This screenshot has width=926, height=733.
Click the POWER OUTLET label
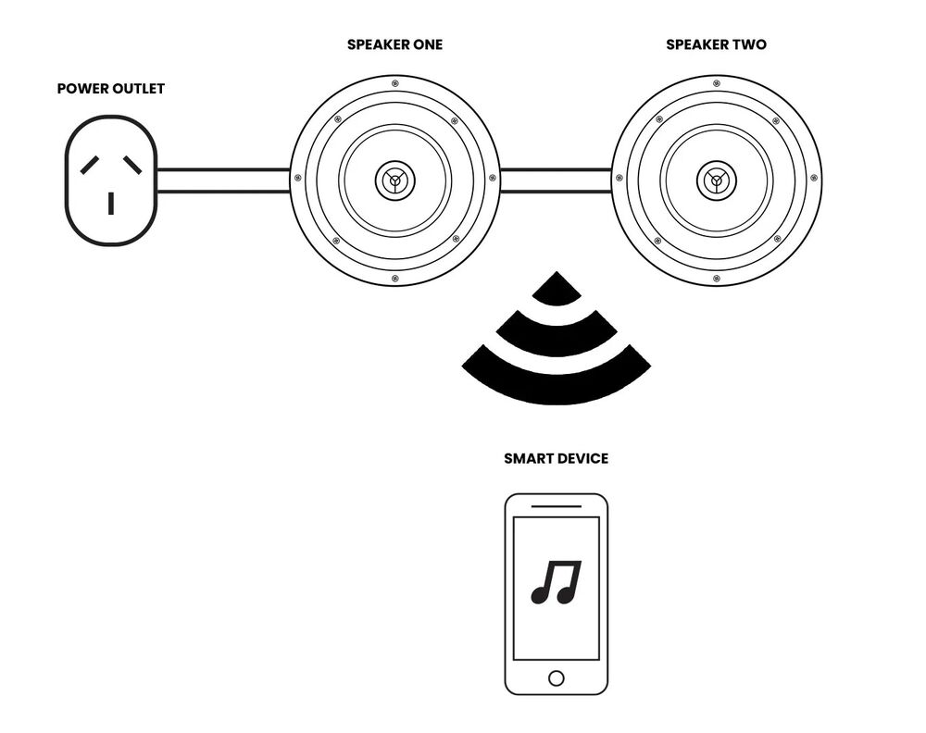(x=110, y=89)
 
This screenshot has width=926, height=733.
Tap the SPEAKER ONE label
(x=394, y=44)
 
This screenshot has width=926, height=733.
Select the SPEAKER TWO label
(x=716, y=44)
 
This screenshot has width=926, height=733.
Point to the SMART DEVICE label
(x=556, y=458)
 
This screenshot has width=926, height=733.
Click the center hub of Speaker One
(x=395, y=180)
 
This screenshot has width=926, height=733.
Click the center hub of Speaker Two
(x=716, y=180)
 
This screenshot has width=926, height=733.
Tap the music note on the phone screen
(x=556, y=583)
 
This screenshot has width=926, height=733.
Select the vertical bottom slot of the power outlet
(x=111, y=203)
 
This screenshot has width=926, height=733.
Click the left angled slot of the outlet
(x=90, y=166)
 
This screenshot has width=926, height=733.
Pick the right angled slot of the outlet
(x=132, y=166)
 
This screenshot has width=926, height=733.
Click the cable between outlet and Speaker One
(x=222, y=180)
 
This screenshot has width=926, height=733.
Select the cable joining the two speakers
(x=556, y=180)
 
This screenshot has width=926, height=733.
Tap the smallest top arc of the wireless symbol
(x=557, y=290)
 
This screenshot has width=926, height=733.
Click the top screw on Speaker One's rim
(x=395, y=83)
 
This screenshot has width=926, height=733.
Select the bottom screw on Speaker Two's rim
(x=716, y=278)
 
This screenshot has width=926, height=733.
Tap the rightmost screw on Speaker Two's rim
(x=814, y=179)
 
